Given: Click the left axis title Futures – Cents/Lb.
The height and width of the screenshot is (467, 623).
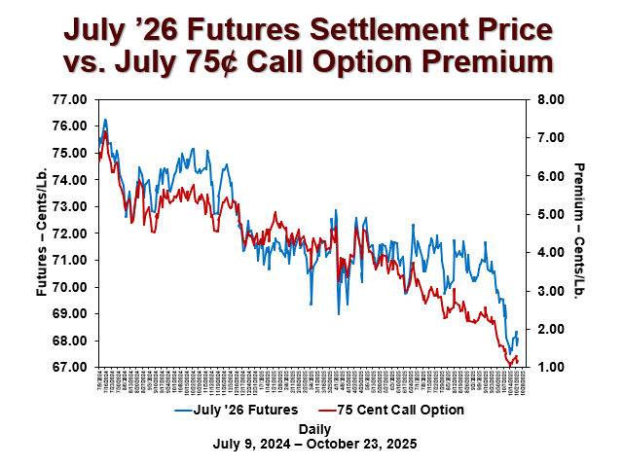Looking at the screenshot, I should point(42,233).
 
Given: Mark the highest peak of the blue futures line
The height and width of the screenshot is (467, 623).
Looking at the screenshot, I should point(105,120).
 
